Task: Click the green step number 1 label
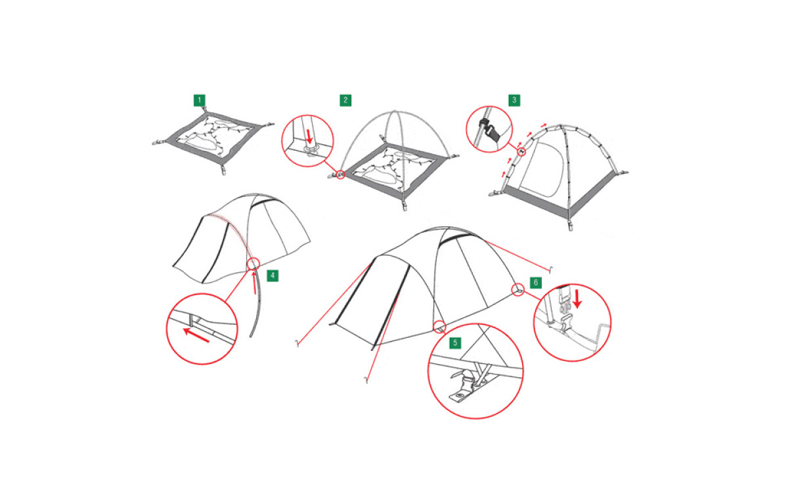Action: pos(200,100)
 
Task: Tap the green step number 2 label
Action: pos(345,100)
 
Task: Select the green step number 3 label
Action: pos(514,100)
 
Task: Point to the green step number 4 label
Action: pos(273,276)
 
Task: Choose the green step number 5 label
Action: pos(455,342)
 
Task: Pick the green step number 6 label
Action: pos(536,282)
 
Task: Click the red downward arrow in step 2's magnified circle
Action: pos(309,136)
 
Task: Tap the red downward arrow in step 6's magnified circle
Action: pos(577,298)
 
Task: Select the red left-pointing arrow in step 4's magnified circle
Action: pos(196,335)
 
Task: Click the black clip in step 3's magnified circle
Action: pos(485,124)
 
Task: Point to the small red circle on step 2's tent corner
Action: pos(341,174)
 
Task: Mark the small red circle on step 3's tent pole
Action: pos(521,152)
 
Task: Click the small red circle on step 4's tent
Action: pos(253,263)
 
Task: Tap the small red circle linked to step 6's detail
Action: pos(517,290)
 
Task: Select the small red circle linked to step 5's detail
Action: pos(439,327)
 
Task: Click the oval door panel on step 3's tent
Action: pos(542,169)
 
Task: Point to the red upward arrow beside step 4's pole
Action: pos(254,282)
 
